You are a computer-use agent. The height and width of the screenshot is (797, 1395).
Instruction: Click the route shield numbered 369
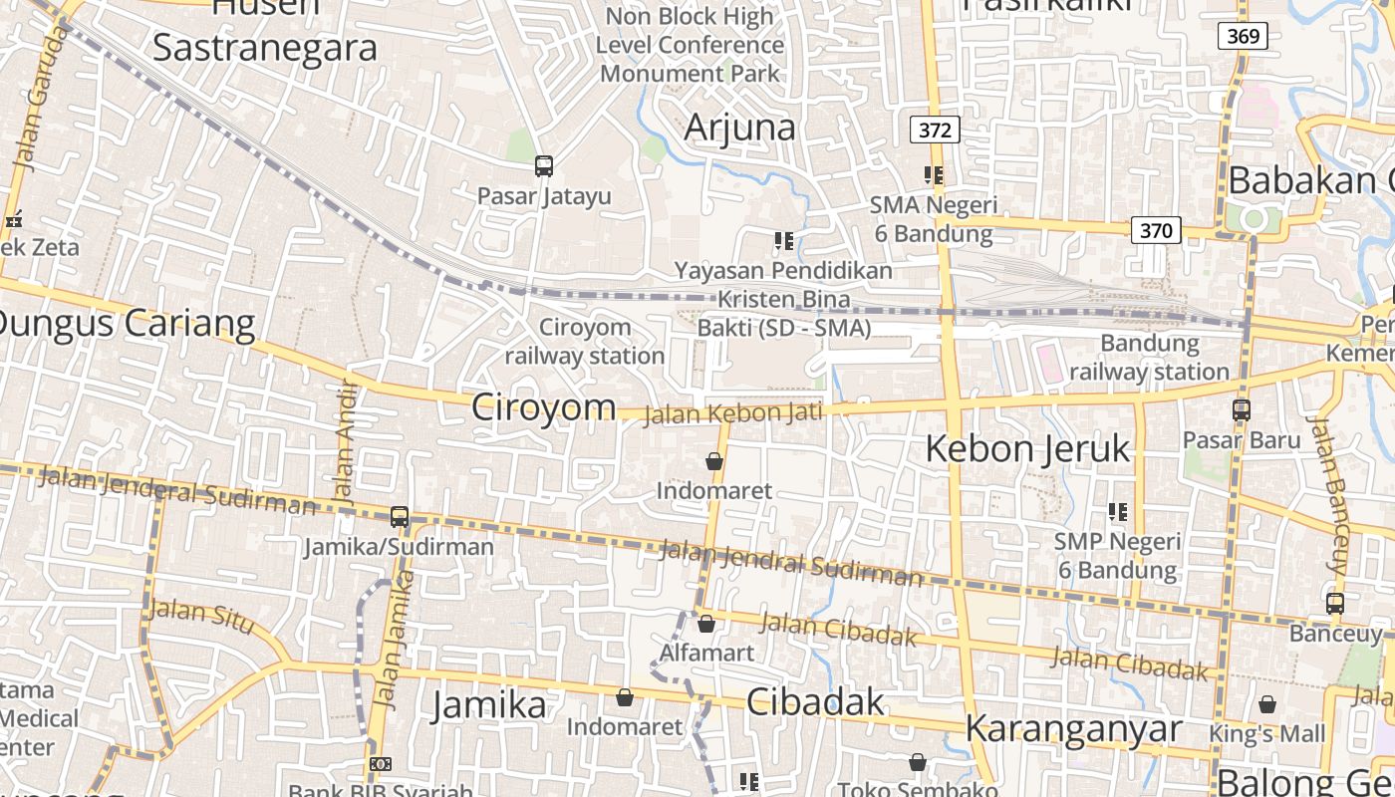[1243, 37]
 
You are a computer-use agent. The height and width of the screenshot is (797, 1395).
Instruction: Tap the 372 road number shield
[935, 130]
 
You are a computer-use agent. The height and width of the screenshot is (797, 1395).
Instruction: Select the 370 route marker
[1156, 231]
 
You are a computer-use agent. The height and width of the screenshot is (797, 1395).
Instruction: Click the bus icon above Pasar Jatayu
[543, 166]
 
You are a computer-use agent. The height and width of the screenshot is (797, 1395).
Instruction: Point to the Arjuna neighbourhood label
[739, 128]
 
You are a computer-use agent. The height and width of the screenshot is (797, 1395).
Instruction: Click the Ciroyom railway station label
[584, 342]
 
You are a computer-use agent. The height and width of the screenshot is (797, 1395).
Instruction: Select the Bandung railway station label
[1149, 358]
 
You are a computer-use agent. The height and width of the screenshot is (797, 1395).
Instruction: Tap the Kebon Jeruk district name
[1027, 449]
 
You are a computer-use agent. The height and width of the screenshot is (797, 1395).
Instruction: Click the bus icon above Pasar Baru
[1242, 409]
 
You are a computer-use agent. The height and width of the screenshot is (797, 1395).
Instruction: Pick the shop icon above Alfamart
[706, 625]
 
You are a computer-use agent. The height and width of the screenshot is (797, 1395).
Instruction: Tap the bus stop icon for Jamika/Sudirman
[400, 517]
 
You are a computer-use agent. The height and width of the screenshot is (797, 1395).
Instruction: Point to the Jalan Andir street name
[345, 440]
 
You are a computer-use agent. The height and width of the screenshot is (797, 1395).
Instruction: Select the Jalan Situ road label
[201, 612]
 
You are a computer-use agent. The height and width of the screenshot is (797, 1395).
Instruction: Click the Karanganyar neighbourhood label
[1073, 729]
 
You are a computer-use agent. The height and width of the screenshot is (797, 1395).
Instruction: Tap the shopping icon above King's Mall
[1267, 705]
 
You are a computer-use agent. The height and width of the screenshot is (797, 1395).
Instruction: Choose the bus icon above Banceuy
[1335, 604]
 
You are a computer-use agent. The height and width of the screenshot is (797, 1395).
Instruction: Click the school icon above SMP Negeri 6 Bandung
[1118, 512]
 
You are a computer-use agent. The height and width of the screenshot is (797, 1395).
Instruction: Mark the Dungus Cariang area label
[125, 324]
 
